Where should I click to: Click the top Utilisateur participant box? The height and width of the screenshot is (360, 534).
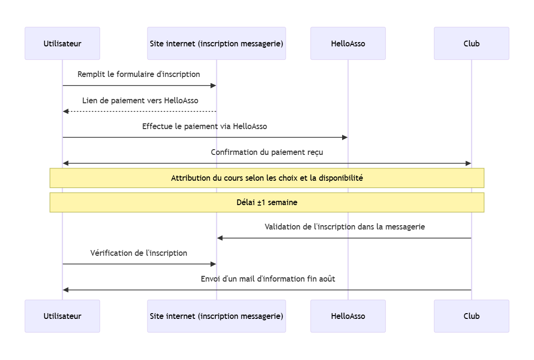[x=62, y=44]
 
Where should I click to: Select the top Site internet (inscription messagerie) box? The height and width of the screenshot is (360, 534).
[x=216, y=44]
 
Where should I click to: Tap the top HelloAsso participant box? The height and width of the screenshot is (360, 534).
[x=348, y=44]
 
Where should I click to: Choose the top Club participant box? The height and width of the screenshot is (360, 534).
[x=471, y=44]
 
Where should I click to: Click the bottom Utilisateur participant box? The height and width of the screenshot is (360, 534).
[x=62, y=316]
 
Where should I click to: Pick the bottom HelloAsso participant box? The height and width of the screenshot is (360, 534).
[x=348, y=316]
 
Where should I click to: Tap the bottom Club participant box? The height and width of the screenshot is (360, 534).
[x=471, y=316]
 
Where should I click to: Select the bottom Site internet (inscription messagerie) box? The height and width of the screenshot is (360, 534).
[x=216, y=316]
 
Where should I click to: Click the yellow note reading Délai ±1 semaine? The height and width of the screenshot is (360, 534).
[x=267, y=202]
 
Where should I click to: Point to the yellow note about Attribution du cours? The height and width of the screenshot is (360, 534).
[x=267, y=178]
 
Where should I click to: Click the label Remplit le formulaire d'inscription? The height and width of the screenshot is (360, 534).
[x=139, y=75]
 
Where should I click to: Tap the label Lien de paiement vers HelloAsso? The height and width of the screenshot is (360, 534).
[x=140, y=100]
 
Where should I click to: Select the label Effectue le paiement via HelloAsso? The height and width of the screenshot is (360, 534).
[x=204, y=127]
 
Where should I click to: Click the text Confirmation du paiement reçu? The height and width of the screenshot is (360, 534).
[x=267, y=153]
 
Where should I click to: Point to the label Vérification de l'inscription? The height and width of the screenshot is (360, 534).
[x=139, y=253]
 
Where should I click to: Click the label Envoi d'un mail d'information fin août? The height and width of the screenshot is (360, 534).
[x=267, y=279]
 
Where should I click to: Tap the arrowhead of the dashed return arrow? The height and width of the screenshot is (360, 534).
[x=66, y=111]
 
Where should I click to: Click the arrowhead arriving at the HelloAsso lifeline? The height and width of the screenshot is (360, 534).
[x=345, y=137]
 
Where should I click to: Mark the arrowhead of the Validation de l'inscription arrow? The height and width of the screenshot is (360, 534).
[x=220, y=238]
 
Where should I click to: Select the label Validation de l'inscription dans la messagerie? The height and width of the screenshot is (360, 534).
[x=345, y=227]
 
